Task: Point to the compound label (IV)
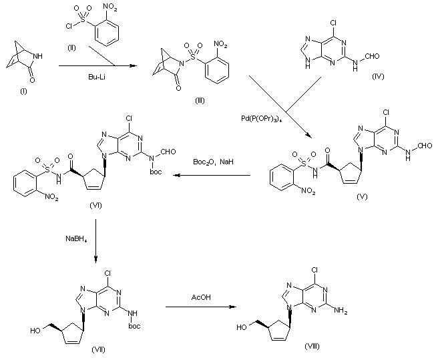click(x=381, y=78)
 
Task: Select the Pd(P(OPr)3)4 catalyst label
click(x=262, y=118)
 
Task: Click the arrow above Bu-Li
click(x=93, y=66)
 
